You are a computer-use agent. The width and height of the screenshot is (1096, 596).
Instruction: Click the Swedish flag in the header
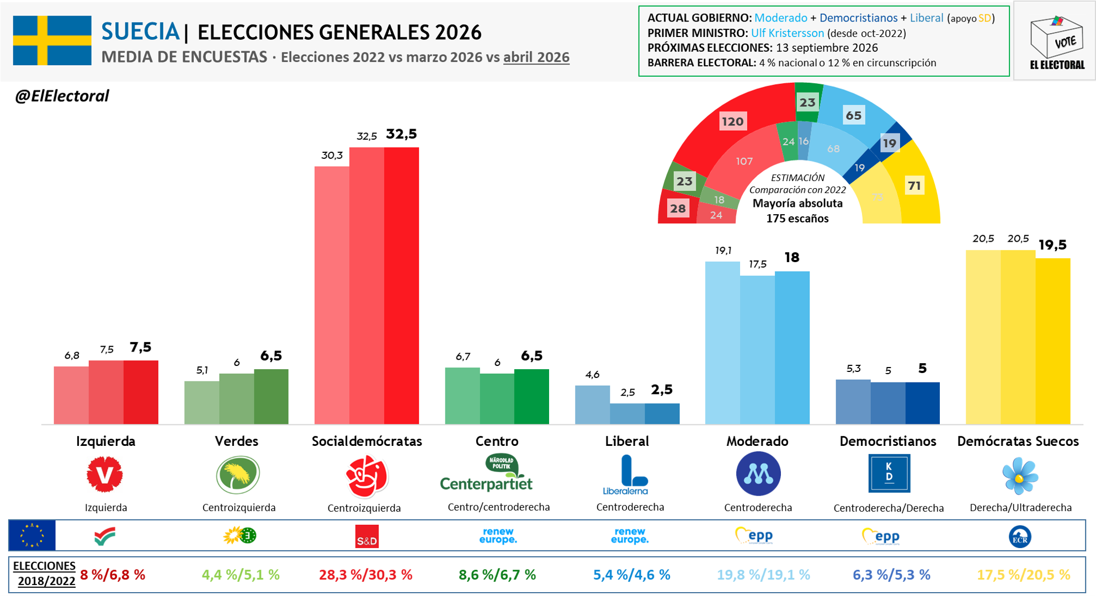(x=52, y=40)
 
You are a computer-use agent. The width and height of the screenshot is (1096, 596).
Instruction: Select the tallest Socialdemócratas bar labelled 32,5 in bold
(x=401, y=285)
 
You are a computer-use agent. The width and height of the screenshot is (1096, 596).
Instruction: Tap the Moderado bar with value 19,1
(x=722, y=343)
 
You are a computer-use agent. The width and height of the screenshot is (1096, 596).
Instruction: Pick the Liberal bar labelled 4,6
(x=592, y=405)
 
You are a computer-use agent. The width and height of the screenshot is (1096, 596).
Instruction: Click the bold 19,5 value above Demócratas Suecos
(x=1052, y=244)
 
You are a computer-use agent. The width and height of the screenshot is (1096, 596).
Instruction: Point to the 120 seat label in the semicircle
(x=733, y=121)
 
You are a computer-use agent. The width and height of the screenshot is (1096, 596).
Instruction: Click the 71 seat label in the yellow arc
(x=914, y=186)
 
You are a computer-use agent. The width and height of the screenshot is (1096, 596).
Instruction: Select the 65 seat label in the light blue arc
(x=854, y=115)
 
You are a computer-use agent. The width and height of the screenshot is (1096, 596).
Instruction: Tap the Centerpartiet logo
(x=486, y=473)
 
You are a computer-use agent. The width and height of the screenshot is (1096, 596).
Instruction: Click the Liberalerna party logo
(x=626, y=475)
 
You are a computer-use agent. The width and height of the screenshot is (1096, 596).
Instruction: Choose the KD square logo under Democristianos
(x=889, y=473)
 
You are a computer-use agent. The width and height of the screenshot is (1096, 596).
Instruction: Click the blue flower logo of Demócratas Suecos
(x=1020, y=476)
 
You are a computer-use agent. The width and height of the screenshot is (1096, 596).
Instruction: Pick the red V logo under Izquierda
(x=105, y=474)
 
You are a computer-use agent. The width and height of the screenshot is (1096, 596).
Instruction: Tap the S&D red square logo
(x=367, y=536)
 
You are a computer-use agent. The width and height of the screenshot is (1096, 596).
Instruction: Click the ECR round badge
(x=1020, y=536)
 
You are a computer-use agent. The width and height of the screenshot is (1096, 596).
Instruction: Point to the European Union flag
(x=32, y=535)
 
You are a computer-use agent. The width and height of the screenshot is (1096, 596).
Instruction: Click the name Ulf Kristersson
(x=788, y=33)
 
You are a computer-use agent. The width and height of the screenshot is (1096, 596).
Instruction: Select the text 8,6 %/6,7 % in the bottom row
(x=497, y=575)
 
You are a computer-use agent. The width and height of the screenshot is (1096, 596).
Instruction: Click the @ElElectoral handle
(x=62, y=96)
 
